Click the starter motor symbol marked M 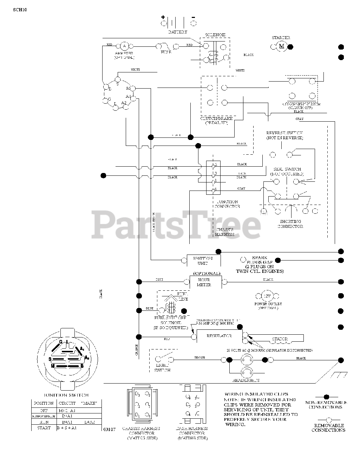(x=281, y=46)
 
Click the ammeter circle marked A (x=123, y=46)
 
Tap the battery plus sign (x=163, y=17)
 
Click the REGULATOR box (x=219, y=336)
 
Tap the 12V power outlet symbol (x=267, y=295)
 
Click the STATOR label (x=280, y=339)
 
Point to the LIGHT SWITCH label (x=163, y=368)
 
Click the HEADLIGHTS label (x=246, y=380)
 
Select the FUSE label (x=166, y=52)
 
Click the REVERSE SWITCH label (x=285, y=135)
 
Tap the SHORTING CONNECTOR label (x=290, y=224)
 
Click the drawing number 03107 (x=110, y=429)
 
